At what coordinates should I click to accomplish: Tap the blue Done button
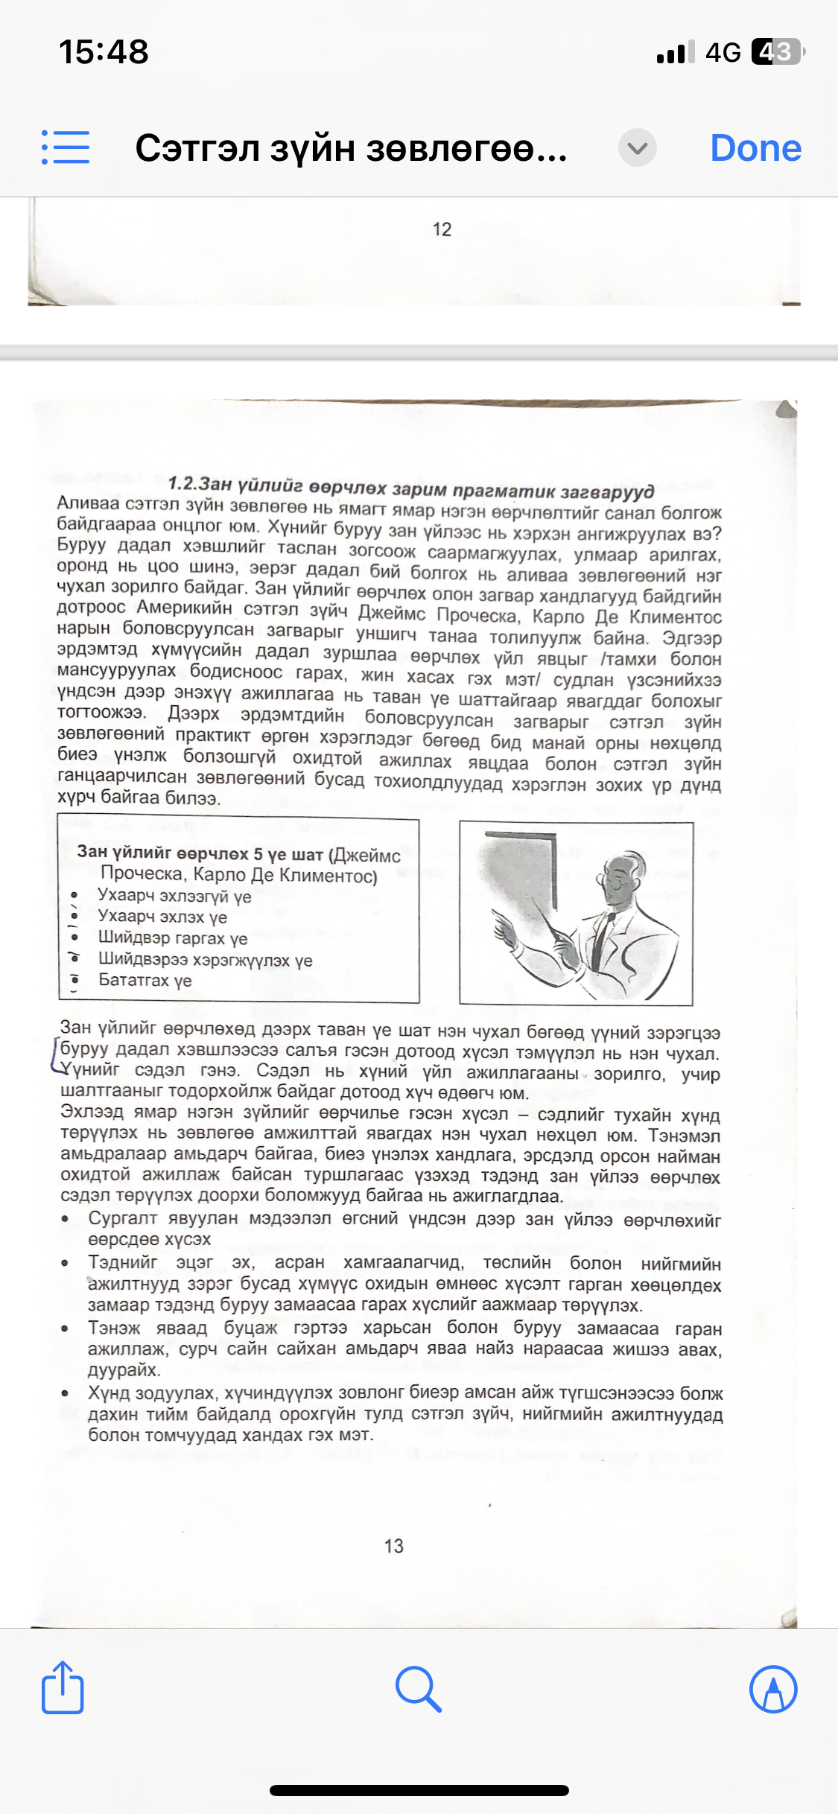(x=755, y=147)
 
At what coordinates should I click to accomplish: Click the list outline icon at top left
(x=66, y=147)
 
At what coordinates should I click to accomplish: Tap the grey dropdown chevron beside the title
(x=637, y=147)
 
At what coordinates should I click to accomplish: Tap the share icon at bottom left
(x=63, y=1688)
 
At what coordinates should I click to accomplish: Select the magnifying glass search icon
(x=419, y=1689)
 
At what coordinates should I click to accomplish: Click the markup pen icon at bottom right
(x=773, y=1689)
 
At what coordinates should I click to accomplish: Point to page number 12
(x=442, y=229)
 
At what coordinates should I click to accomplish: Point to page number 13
(x=393, y=1546)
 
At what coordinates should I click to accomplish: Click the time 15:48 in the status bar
(x=104, y=52)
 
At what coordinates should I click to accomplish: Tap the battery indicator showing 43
(x=778, y=52)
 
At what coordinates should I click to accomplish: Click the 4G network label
(x=723, y=53)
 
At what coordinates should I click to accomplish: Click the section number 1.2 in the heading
(x=182, y=483)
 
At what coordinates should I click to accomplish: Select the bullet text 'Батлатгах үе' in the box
(x=145, y=980)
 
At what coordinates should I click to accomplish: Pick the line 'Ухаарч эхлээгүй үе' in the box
(x=174, y=896)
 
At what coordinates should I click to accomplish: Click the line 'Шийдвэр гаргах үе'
(x=172, y=938)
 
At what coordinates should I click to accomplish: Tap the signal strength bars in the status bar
(x=676, y=52)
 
